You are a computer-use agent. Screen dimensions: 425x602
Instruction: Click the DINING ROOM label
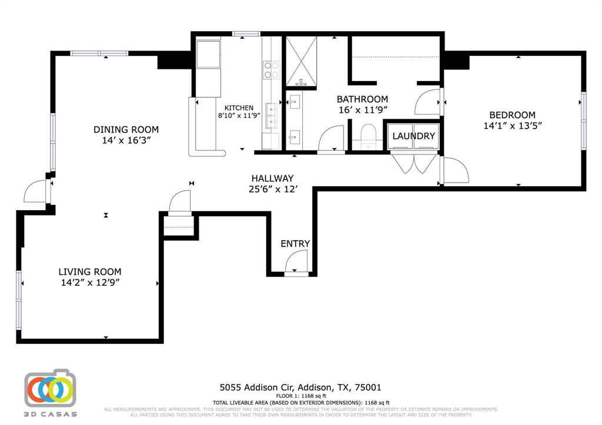pos(126,130)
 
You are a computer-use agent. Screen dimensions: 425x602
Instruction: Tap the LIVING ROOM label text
pos(89,272)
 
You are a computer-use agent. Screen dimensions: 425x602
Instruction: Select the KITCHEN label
pos(239,108)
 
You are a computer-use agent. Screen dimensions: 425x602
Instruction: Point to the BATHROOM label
pos(362,99)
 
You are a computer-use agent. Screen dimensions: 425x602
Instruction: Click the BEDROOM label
pos(512,115)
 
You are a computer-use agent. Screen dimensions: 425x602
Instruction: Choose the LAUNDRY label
pos(413,136)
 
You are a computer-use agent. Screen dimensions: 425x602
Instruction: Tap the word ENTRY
pos(295,244)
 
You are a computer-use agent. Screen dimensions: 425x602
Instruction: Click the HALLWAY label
pos(272,178)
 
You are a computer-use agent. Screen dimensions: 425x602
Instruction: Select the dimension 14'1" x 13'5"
pos(512,126)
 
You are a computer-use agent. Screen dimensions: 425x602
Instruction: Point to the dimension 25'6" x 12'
pos(272,189)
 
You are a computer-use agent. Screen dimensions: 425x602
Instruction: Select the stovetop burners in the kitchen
pos(271,70)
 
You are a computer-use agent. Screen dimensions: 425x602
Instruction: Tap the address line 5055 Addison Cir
pos(300,387)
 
